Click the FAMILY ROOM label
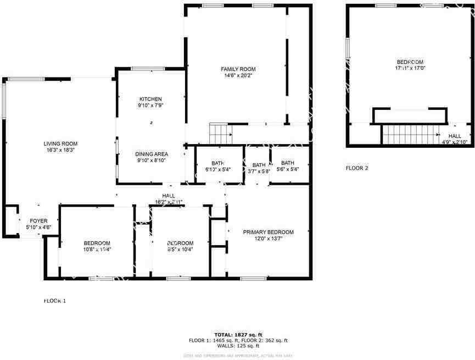point(238,69)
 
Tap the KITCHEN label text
point(150,99)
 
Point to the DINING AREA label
point(152,154)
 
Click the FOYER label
point(38,221)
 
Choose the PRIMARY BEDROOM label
point(268,232)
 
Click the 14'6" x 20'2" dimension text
point(238,76)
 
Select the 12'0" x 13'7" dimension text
point(268,239)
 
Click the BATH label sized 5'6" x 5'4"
point(288,163)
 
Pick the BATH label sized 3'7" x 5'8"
point(259,165)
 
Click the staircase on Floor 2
point(409,133)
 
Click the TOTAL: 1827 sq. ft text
point(238,335)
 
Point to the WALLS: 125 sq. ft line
point(238,346)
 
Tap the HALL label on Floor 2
point(455,136)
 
